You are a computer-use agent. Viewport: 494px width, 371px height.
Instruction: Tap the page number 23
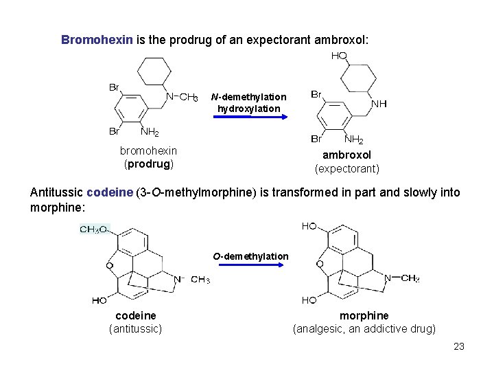(x=459, y=346)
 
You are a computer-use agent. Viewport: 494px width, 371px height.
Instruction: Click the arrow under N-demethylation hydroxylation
(x=249, y=117)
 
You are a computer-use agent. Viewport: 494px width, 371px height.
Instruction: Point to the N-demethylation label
(x=249, y=97)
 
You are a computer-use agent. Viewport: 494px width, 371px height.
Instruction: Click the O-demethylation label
(x=250, y=256)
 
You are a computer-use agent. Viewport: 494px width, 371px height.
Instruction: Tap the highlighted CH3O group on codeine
(x=93, y=229)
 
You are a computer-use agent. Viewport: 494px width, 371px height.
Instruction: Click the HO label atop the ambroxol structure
(x=339, y=56)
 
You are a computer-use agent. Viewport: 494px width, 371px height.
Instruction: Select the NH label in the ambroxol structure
(x=379, y=104)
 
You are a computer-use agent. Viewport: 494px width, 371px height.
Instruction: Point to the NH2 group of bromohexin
(x=150, y=132)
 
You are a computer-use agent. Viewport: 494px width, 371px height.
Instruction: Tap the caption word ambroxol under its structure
(x=346, y=155)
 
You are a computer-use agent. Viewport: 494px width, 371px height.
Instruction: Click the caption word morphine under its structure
(x=364, y=315)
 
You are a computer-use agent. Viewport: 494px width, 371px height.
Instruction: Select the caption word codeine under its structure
(x=135, y=315)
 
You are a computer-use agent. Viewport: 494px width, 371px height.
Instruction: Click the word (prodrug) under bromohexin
(x=148, y=164)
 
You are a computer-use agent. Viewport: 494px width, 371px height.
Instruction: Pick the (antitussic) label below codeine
(x=136, y=328)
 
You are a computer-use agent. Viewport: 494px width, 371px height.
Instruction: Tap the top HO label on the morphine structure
(x=309, y=226)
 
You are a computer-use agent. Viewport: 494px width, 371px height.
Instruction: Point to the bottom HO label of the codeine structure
(x=99, y=300)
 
